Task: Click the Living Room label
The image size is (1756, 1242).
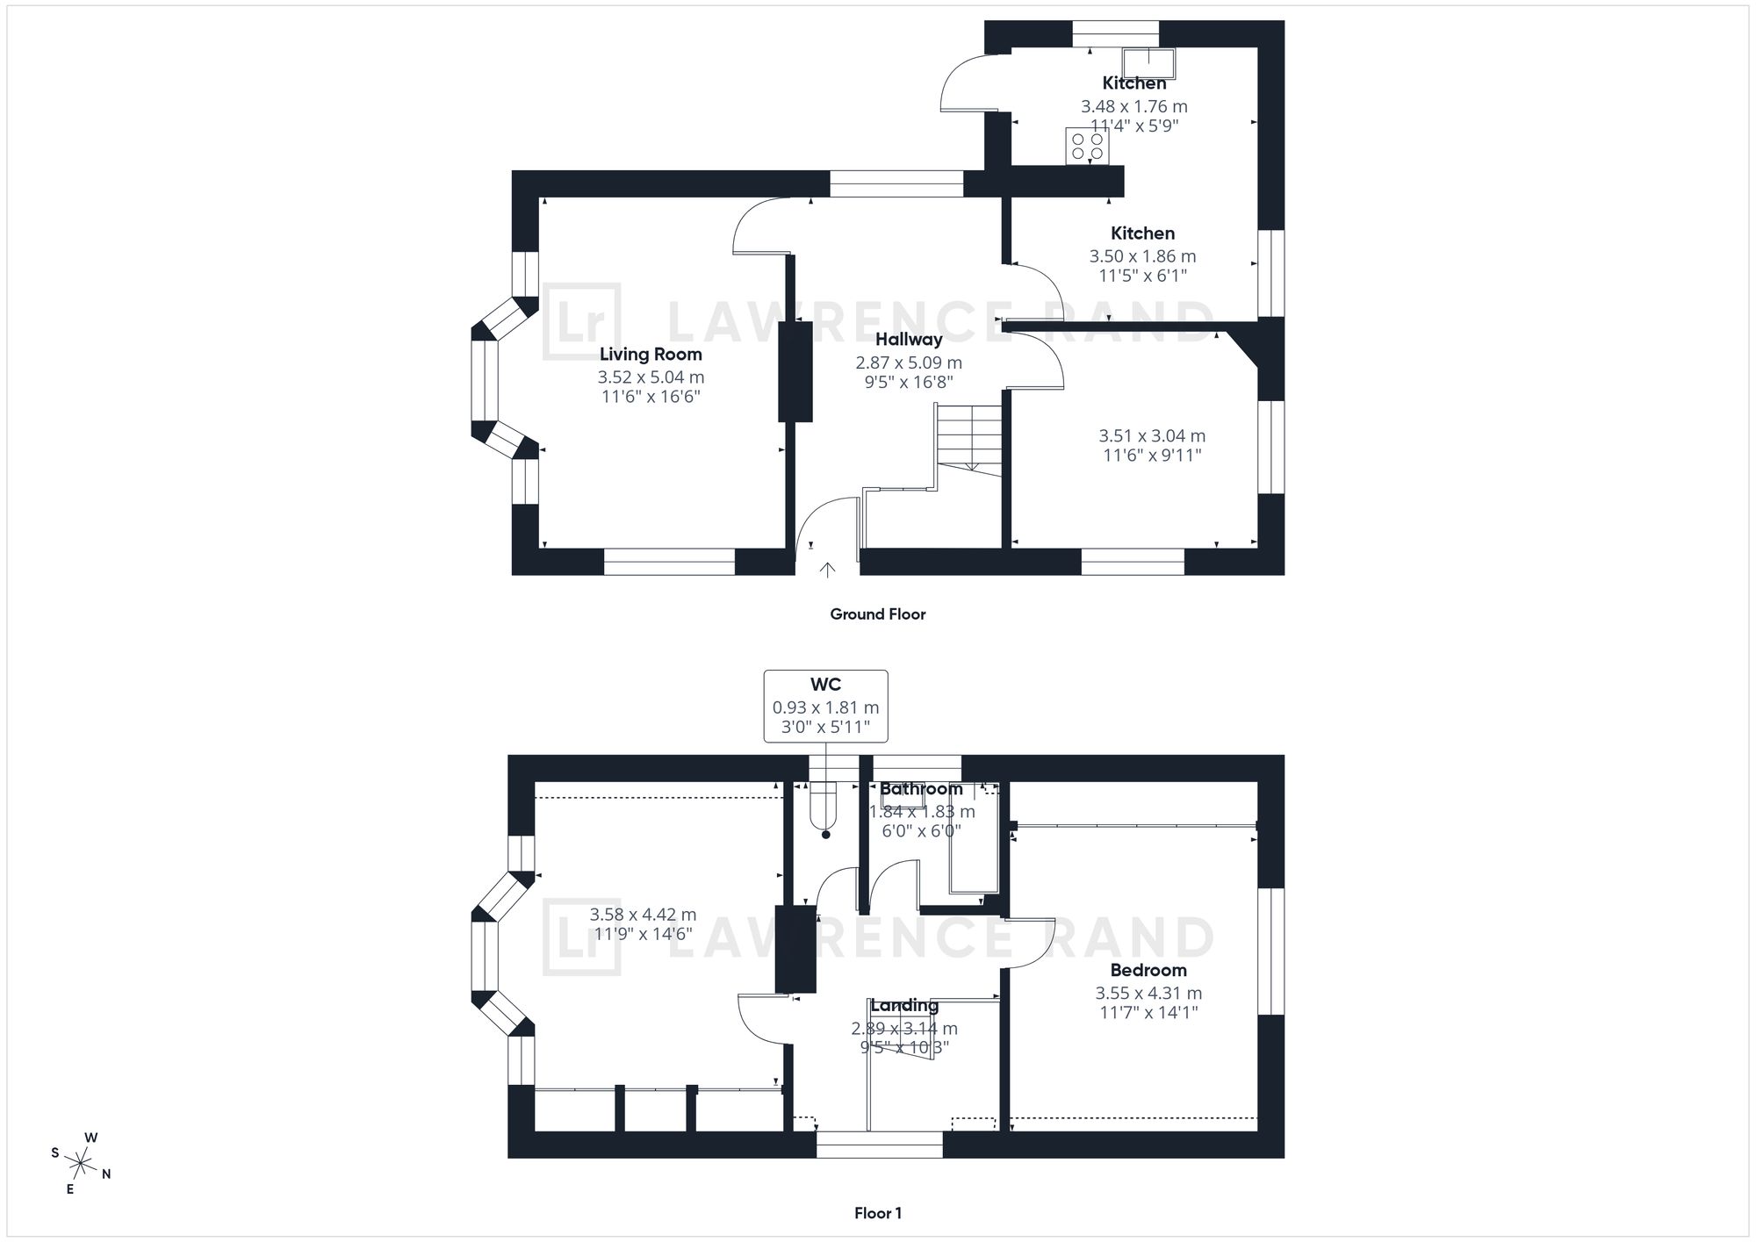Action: [651, 355]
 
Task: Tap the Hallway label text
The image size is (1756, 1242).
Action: [909, 340]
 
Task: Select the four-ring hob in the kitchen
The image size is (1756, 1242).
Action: [1087, 146]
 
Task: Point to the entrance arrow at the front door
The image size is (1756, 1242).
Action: [826, 571]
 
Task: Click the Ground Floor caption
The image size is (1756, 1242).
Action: [878, 614]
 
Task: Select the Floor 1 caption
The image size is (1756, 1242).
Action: [878, 1214]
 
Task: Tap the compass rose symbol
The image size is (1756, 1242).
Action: [82, 1164]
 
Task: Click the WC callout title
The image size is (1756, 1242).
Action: [825, 685]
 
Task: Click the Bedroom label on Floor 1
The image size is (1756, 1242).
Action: [1148, 971]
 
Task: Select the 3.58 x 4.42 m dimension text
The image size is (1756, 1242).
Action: [643, 915]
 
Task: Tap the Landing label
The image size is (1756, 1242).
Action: [904, 1006]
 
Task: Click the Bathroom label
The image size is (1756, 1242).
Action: [921, 789]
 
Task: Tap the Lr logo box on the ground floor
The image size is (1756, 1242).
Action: [581, 321]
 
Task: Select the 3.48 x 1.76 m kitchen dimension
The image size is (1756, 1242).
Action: [1133, 107]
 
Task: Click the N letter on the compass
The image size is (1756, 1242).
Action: [106, 1174]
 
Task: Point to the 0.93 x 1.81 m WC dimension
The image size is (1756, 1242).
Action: [825, 708]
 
